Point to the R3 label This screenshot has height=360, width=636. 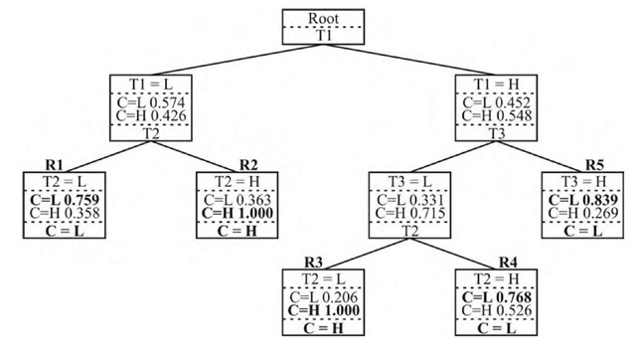(314, 262)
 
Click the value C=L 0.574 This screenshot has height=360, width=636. (150, 102)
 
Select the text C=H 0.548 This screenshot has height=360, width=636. (497, 117)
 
